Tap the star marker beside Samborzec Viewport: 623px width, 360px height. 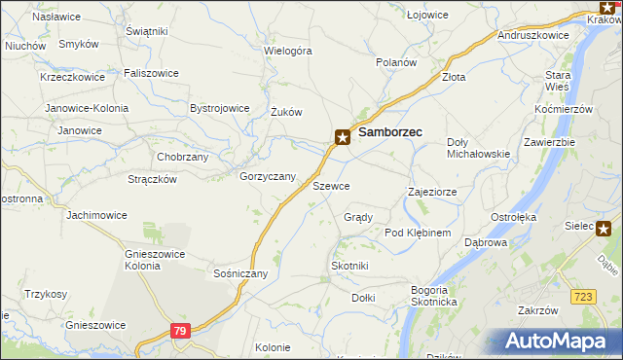point(343,137)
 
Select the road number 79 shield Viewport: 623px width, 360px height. point(178,332)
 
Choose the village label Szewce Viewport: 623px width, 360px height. point(331,185)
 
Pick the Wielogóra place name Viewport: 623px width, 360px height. point(287,49)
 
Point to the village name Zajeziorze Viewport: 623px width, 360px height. point(432,192)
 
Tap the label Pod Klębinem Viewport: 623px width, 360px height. point(418,233)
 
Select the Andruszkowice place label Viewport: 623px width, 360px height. point(532,34)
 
